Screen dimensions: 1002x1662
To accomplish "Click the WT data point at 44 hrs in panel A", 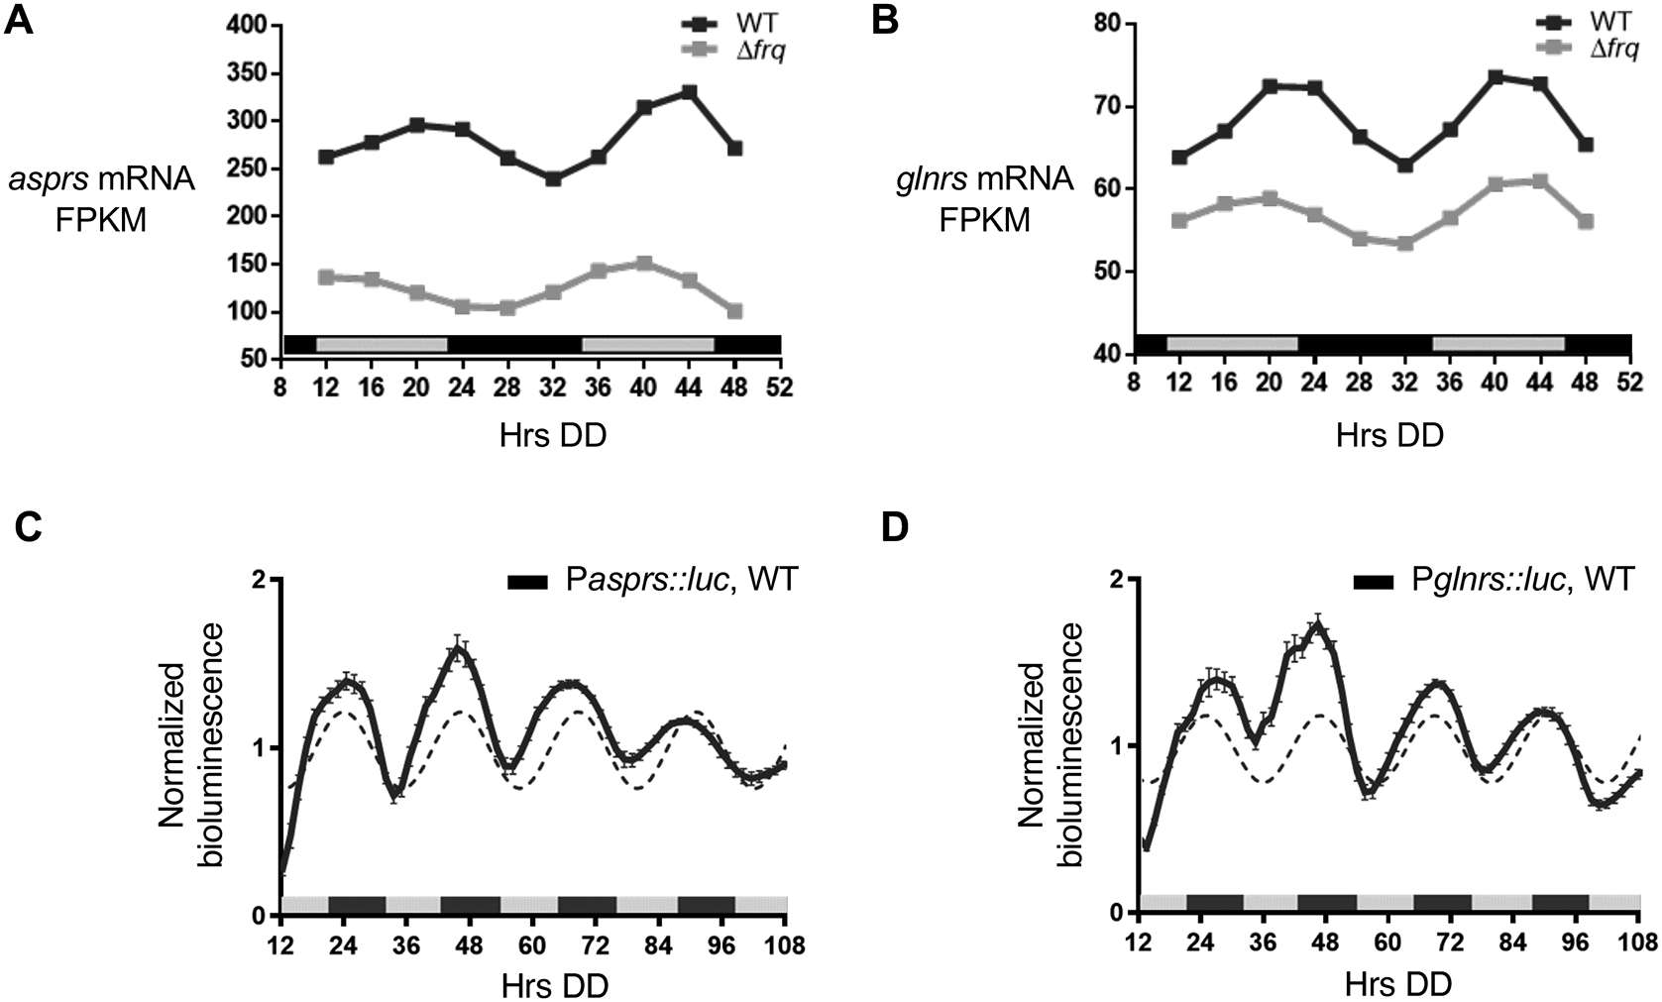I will [689, 92].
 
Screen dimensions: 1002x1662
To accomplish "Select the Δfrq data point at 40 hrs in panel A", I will [644, 264].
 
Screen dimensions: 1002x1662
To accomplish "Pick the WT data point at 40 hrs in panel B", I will [1496, 77].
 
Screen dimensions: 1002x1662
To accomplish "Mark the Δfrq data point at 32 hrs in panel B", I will [1404, 243].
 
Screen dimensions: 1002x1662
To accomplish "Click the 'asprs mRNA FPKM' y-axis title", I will [101, 198].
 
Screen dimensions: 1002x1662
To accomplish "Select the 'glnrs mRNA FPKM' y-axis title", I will [979, 198].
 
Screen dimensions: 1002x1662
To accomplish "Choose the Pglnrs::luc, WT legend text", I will [1521, 581].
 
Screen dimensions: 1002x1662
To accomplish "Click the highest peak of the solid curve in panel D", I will [1317, 626].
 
